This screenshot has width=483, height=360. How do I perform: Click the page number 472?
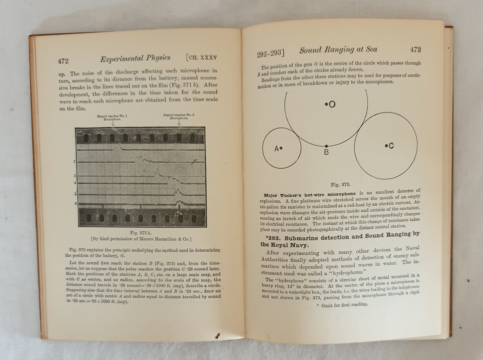pyautogui.click(x=63, y=61)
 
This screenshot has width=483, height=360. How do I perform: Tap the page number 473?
pyautogui.click(x=415, y=50)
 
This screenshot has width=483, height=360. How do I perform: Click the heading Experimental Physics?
pyautogui.click(x=135, y=58)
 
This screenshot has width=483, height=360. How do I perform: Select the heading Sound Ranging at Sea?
pyautogui.click(x=338, y=50)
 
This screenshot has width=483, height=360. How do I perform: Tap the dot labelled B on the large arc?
pyautogui.click(x=327, y=146)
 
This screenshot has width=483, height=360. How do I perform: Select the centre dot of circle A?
pyautogui.click(x=281, y=148)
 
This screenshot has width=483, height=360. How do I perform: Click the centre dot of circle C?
pyautogui.click(x=386, y=145)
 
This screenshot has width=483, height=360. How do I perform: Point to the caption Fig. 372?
pyautogui.click(x=340, y=185)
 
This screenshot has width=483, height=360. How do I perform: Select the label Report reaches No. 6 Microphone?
pyautogui.click(x=179, y=117)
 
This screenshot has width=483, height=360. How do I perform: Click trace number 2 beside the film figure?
pyautogui.click(x=75, y=162)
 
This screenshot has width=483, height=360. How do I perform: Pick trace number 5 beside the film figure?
pyautogui.click(x=75, y=194)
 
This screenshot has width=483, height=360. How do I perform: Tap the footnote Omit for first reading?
pyautogui.click(x=341, y=305)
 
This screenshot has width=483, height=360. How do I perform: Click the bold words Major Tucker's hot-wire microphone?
pyautogui.click(x=309, y=194)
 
